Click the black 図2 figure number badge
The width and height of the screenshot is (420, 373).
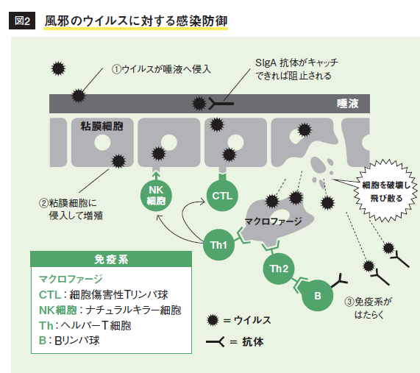click(x=22, y=21)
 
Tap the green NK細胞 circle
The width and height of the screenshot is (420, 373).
click(x=156, y=196)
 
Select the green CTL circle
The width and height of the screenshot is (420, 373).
click(x=222, y=196)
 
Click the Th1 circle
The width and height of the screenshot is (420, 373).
click(x=218, y=245)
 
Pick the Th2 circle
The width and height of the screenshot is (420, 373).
click(x=279, y=269)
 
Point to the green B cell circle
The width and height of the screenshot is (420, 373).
click(x=318, y=296)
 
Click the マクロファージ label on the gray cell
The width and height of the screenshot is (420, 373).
click(x=273, y=221)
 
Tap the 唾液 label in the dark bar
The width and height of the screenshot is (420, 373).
click(x=348, y=104)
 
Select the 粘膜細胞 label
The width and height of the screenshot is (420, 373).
click(x=102, y=126)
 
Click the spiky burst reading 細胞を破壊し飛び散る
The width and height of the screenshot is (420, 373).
click(x=385, y=191)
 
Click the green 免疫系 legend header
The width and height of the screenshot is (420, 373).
click(x=111, y=259)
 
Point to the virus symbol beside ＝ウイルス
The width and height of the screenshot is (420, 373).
click(x=213, y=320)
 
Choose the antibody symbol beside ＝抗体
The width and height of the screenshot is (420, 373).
click(x=215, y=342)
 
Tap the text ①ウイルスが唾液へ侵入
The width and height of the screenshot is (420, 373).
click(x=161, y=69)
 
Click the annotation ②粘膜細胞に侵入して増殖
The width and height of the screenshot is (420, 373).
click(x=71, y=209)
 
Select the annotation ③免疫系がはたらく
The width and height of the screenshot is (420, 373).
click(x=369, y=308)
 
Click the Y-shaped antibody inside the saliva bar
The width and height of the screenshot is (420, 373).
click(x=221, y=104)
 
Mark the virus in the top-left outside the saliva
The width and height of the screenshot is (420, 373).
click(x=58, y=68)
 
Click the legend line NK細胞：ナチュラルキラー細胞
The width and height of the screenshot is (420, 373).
click(x=110, y=310)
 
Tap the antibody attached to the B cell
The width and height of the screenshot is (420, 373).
click(x=339, y=280)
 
